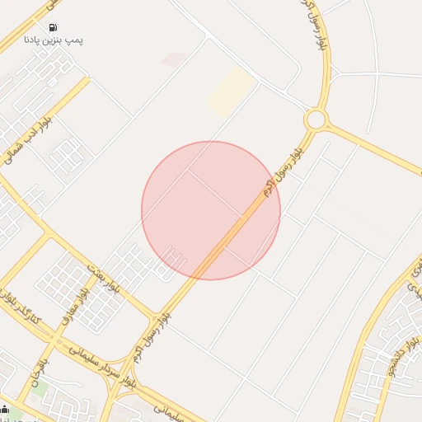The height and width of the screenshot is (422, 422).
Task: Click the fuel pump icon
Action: (x=54, y=27)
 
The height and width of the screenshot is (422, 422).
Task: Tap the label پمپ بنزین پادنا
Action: (x=54, y=40)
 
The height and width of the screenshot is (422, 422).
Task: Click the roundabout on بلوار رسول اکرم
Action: (x=315, y=120)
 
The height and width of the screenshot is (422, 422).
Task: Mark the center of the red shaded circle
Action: (x=211, y=210)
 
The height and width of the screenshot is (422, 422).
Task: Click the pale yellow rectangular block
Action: (x=231, y=91)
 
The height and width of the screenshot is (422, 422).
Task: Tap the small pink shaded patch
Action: (x=174, y=59)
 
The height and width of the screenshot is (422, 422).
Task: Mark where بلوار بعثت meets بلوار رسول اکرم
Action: (x=155, y=316)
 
